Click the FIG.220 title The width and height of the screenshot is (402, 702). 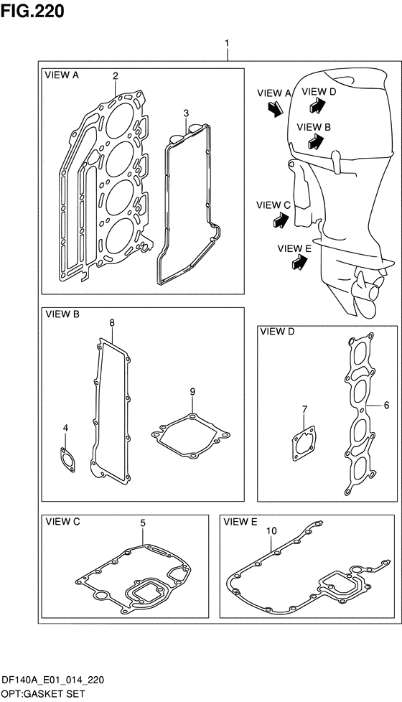coord(32,11)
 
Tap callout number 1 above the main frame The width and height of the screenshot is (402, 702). coord(227,43)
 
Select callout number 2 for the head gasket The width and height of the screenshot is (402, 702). coord(115,76)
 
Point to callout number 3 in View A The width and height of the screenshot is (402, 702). coord(186,113)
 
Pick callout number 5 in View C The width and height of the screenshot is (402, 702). coord(143,523)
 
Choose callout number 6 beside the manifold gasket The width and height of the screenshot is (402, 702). coord(386,405)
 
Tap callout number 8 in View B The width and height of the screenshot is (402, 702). coord(112,322)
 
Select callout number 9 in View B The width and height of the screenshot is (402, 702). coord(192,392)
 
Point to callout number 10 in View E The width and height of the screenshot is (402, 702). coord(272,531)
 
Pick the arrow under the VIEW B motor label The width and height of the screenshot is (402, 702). coord(317,141)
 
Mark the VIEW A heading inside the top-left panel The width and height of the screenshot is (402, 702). coord(62,75)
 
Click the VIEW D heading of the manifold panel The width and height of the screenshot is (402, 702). coord(278,332)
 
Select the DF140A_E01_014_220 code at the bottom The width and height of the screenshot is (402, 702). coord(53,680)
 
